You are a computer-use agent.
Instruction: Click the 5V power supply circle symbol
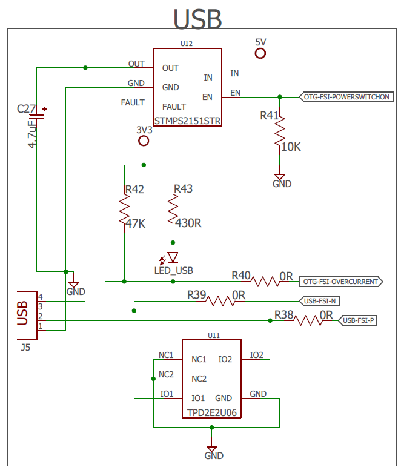click(x=260, y=53)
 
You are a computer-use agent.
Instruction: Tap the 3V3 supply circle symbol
click(x=144, y=141)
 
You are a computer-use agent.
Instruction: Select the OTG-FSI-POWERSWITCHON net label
click(x=346, y=97)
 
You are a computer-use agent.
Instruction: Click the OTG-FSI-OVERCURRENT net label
click(x=341, y=282)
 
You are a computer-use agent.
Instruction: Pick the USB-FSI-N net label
click(x=319, y=301)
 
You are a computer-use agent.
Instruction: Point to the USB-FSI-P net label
click(x=358, y=320)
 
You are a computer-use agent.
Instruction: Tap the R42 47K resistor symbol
click(x=124, y=210)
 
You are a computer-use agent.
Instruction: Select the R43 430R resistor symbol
click(x=173, y=210)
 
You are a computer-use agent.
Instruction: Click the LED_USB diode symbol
click(x=171, y=258)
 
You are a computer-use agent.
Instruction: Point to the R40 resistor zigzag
click(x=265, y=282)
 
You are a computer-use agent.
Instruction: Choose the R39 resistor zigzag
click(x=220, y=301)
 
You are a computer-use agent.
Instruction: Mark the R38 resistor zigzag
click(x=308, y=320)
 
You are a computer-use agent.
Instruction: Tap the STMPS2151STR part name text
click(x=188, y=121)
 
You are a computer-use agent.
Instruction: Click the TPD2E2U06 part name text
click(x=212, y=412)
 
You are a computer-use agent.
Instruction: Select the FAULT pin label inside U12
click(x=174, y=107)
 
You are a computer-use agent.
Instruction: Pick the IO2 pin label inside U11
click(x=225, y=359)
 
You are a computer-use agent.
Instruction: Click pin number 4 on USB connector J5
click(x=41, y=297)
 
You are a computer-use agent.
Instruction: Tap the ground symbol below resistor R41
click(x=280, y=177)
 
